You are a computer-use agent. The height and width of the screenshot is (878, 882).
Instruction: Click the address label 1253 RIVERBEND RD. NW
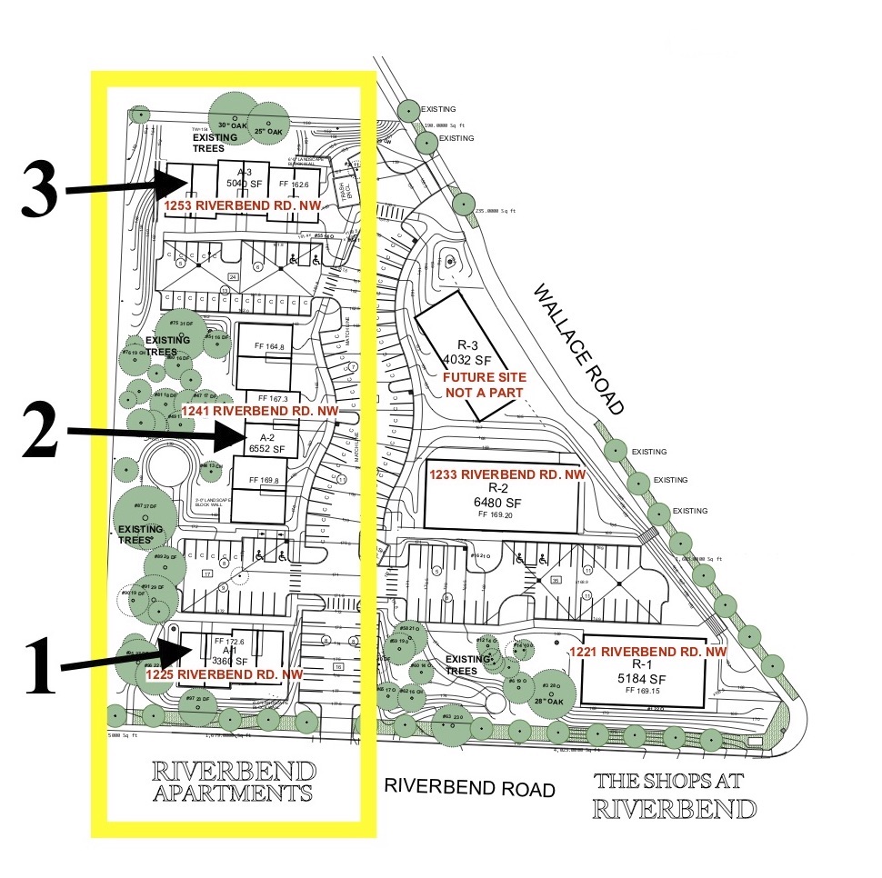(236, 206)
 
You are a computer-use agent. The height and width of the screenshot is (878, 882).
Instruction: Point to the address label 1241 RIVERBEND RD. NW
(259, 412)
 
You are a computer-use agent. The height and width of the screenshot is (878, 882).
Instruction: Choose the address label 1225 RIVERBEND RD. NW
(224, 675)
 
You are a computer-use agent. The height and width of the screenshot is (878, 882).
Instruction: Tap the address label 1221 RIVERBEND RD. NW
(648, 652)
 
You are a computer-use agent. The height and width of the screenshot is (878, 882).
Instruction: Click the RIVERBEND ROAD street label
(468, 787)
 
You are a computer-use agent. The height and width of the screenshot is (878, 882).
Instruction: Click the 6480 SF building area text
(499, 501)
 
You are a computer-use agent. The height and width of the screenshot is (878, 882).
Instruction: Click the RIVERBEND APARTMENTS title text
(235, 782)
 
